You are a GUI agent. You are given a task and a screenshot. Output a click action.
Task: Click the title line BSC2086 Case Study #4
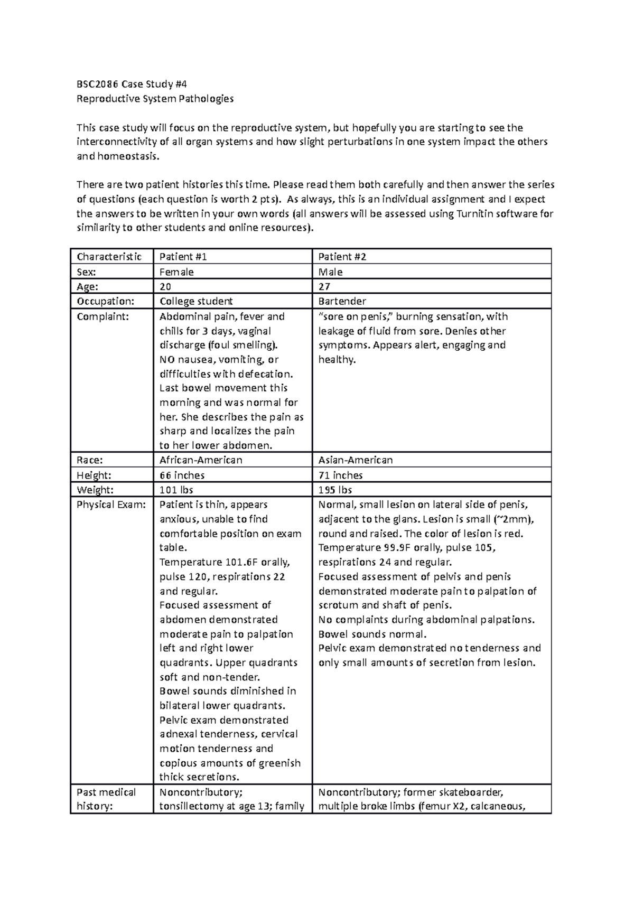pyautogui.click(x=132, y=84)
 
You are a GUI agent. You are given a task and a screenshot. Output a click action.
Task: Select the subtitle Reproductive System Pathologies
pyautogui.click(x=155, y=99)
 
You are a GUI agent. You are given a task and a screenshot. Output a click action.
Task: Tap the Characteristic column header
pyautogui.click(x=109, y=257)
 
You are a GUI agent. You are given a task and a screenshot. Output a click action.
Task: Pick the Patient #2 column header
pyautogui.click(x=342, y=257)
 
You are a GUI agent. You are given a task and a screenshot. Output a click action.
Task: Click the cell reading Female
pyautogui.click(x=176, y=272)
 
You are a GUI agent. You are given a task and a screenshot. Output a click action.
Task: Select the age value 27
pyautogui.click(x=324, y=286)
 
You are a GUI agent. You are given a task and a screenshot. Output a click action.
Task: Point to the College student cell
pyautogui.click(x=196, y=301)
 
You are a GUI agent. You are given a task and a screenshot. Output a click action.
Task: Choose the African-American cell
pyautogui.click(x=201, y=460)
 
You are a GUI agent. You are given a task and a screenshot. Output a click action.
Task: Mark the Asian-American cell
pyautogui.click(x=355, y=460)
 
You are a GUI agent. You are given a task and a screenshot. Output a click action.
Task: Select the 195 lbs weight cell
pyautogui.click(x=335, y=490)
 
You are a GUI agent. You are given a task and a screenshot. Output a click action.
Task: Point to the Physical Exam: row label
pyautogui.click(x=110, y=504)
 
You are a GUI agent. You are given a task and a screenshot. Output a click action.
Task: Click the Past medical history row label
pyautogui.click(x=106, y=799)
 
